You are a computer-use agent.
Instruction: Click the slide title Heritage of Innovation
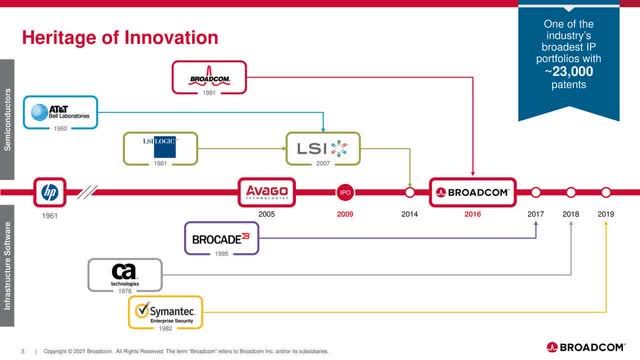pyautogui.click(x=120, y=38)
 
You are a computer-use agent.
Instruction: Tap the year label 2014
pyautogui.click(x=408, y=214)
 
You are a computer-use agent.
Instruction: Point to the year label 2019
pyautogui.click(x=605, y=214)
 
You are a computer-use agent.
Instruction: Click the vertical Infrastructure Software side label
pyautogui.click(x=7, y=265)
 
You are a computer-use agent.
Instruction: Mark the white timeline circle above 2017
pyautogui.click(x=536, y=190)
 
